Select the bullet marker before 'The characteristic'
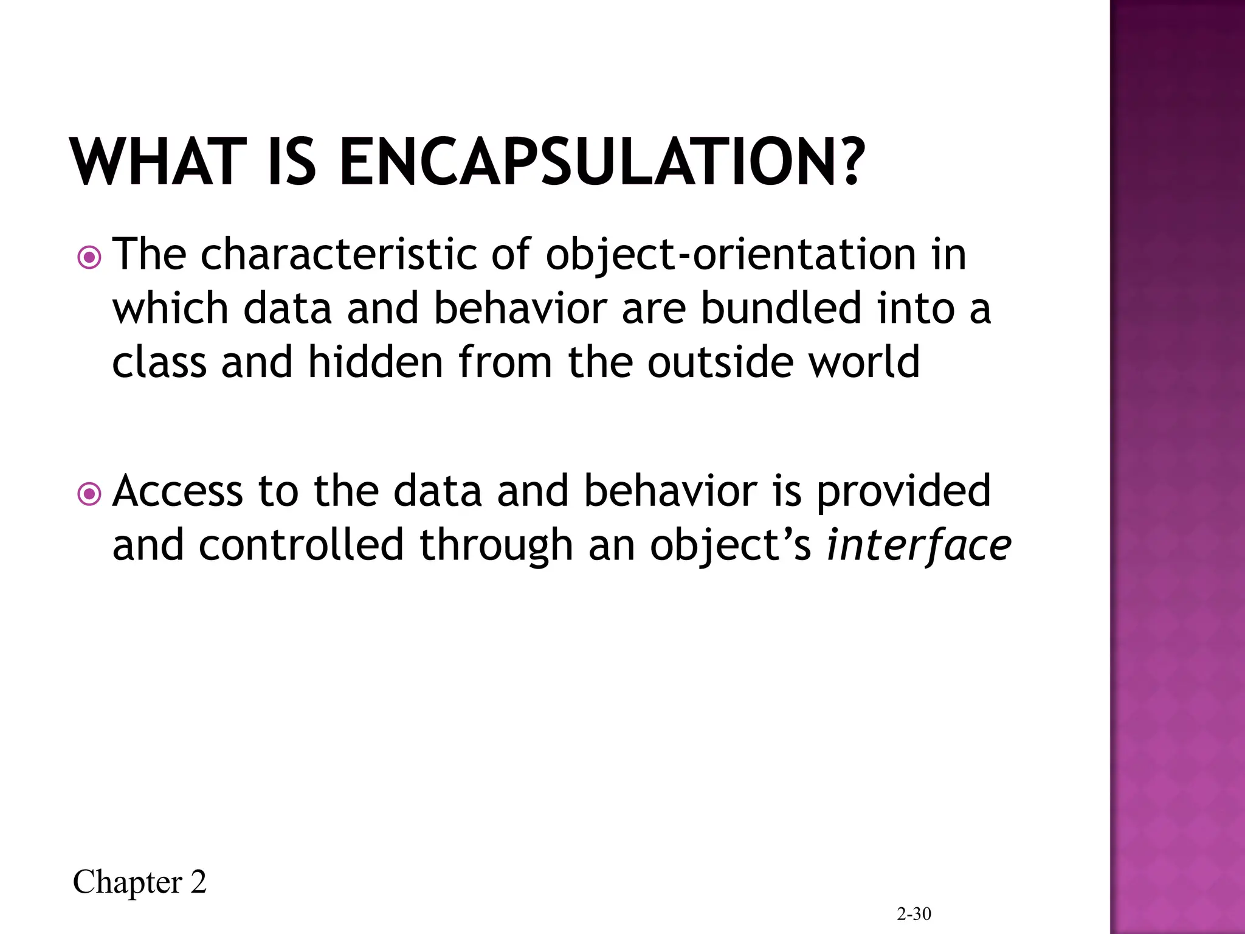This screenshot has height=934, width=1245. point(90,258)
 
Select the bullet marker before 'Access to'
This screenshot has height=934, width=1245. point(90,494)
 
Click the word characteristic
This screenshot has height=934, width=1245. point(339,254)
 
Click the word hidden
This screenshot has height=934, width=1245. point(375,362)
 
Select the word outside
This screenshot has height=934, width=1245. point(720,362)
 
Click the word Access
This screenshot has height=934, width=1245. point(178,491)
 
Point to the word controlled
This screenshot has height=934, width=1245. point(301,544)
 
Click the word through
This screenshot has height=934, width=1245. point(496,545)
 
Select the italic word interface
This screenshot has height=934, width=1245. point(919,545)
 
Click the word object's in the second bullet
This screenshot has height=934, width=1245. point(730,545)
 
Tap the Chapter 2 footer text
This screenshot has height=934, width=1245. point(140,882)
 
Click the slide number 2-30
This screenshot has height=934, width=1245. point(914,914)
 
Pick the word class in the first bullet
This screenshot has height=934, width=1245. point(159,362)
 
